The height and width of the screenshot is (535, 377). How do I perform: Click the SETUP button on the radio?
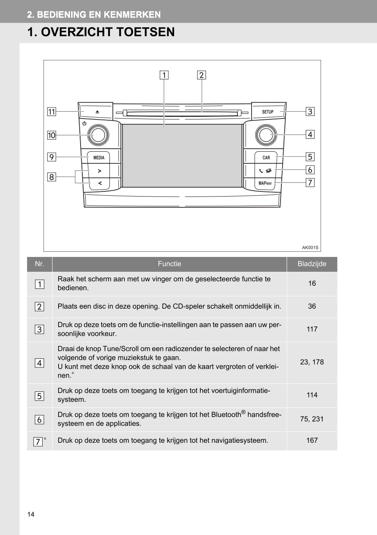pos(268,112)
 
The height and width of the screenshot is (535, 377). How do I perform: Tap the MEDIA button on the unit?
pos(99,157)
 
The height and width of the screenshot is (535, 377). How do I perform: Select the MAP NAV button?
pos(265,183)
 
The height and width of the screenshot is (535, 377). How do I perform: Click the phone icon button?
pos(265,170)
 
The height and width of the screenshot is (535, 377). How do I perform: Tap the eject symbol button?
pos(97,112)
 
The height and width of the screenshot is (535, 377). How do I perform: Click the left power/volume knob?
pos(98,135)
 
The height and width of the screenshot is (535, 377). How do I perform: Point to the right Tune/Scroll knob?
pos(266,135)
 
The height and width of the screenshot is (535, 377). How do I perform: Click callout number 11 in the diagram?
pos(51,112)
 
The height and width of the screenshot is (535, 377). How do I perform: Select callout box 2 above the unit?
pos(201,75)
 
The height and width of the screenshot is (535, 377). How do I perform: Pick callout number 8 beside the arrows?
pos(51,177)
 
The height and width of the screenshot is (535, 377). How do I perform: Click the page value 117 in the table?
pos(312,329)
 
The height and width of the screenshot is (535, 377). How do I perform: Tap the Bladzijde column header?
pos(312,264)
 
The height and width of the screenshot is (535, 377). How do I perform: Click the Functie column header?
pos(169,264)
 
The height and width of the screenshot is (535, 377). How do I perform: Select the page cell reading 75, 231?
pos(312,419)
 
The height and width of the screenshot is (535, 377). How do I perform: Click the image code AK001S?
pos(310,247)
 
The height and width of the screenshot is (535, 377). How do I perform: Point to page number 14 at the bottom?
pos(31,514)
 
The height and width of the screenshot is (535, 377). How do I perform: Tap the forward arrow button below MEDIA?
pos(100,171)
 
